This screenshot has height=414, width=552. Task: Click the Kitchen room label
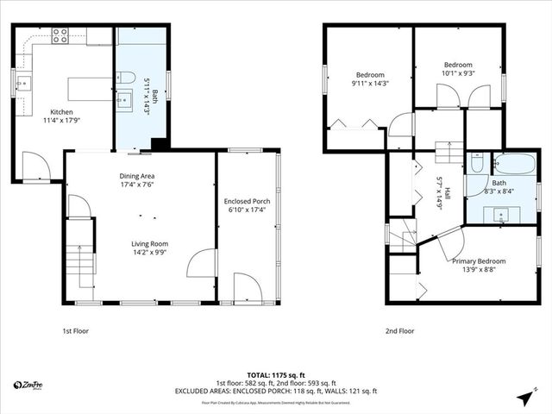pyautogui.click(x=61, y=117)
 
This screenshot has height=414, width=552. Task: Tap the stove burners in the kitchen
pyautogui.click(x=60, y=35)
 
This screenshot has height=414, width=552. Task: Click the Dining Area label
pyautogui.click(x=137, y=180)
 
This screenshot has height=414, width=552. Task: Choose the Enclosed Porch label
pyautogui.click(x=248, y=204)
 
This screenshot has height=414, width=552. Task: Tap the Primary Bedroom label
pyautogui.click(x=479, y=265)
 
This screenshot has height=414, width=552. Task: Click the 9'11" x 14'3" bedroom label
pyautogui.click(x=369, y=79)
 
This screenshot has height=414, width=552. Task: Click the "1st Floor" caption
pyautogui.click(x=75, y=330)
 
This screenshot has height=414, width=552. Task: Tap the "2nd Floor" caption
pyautogui.click(x=400, y=330)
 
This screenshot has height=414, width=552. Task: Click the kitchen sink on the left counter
pyautogui.click(x=22, y=85)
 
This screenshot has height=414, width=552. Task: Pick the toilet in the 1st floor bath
pyautogui.click(x=125, y=73)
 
